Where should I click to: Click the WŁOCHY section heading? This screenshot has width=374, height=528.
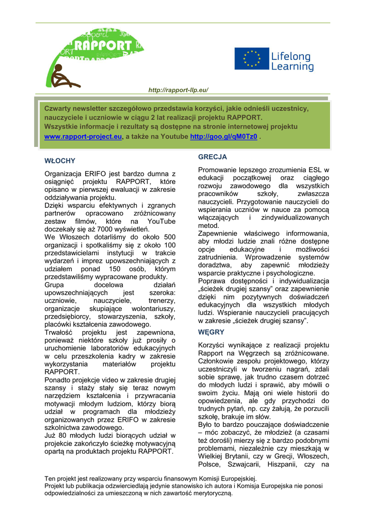click(x=60, y=161)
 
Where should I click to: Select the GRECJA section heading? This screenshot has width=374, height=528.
click(x=213, y=157)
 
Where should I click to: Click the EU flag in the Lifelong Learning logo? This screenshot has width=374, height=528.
click(x=252, y=59)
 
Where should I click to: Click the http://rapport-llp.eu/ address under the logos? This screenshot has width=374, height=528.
click(x=178, y=90)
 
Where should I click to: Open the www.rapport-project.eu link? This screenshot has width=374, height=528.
click(x=83, y=137)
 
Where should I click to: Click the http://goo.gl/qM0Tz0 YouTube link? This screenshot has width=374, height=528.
click(x=223, y=137)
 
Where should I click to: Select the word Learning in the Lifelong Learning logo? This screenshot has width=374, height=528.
click(x=292, y=67)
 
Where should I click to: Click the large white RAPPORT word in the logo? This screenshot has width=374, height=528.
click(x=103, y=46)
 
